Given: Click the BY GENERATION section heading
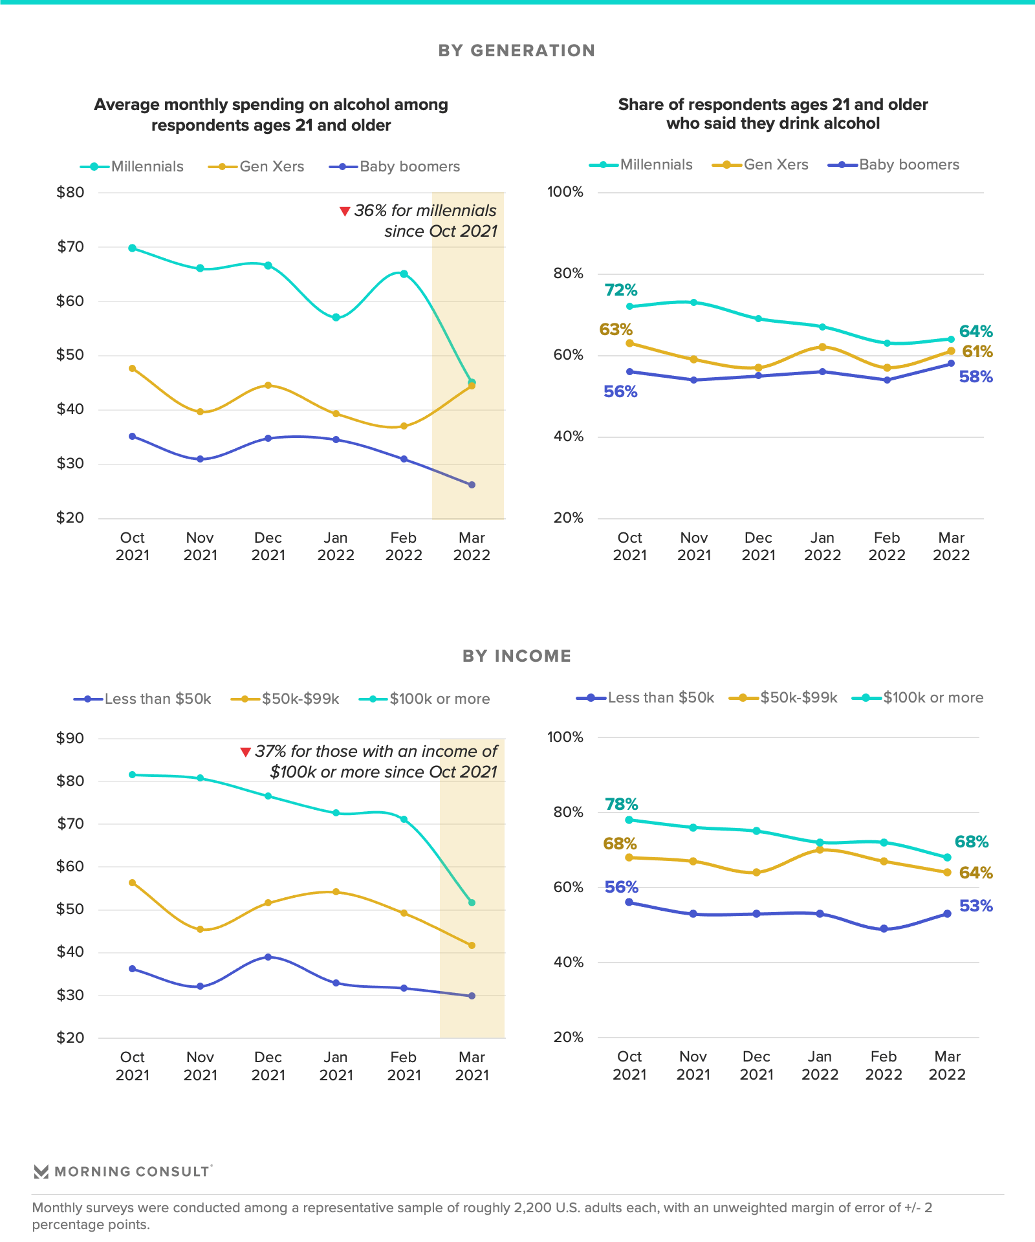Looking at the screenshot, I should coord(516,50).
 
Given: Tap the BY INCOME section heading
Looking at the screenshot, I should coord(516,656).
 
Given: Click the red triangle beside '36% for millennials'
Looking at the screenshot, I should coord(345,212).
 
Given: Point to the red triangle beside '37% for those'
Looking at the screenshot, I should coord(245,752).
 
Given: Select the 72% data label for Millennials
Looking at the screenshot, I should coord(621,290).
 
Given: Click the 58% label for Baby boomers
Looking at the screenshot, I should coord(975,377).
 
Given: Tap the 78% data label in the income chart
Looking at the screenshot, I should coord(621,804).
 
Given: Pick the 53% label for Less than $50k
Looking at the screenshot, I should coord(975,906).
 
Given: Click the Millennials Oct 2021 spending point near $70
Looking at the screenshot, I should coord(132,248).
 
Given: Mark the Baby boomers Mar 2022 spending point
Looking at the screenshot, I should coord(472,485).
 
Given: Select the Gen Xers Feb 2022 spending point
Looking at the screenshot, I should coord(404,426).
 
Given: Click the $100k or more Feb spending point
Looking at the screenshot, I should coord(404,820).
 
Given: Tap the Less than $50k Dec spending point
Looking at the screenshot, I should coord(268,957).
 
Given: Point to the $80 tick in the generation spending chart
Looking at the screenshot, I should coord(71,192).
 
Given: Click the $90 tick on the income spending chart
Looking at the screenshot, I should coord(71,738).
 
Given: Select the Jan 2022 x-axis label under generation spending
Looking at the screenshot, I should coord(336,547).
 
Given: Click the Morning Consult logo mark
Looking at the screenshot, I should coord(41,1171).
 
